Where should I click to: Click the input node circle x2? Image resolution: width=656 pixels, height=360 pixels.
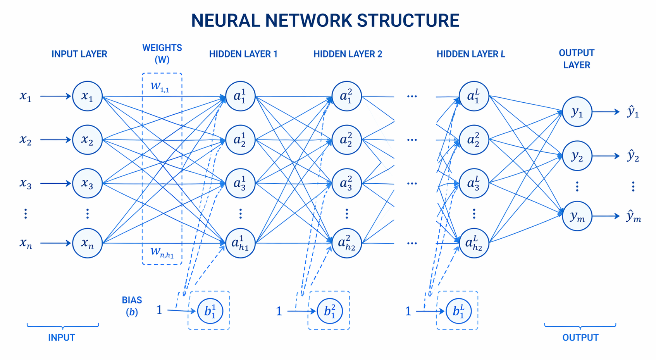[x=87, y=140]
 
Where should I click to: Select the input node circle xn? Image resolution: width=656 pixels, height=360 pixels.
[x=87, y=243]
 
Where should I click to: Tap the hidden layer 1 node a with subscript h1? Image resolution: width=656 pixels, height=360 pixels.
[x=240, y=243]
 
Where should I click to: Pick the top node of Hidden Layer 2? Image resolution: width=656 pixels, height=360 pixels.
[x=346, y=96]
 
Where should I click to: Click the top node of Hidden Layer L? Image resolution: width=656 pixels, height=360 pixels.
[x=473, y=96]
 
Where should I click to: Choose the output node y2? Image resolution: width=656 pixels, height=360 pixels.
[x=577, y=156]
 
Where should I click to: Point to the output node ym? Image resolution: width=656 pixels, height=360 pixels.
[x=577, y=216]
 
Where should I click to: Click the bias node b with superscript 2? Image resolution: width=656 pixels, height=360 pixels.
[x=330, y=311]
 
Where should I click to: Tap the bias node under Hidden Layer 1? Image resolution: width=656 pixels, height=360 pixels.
[x=210, y=311]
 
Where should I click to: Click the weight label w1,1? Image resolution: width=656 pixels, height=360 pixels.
[x=160, y=86]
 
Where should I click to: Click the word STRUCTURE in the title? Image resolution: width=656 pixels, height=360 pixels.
[x=408, y=20]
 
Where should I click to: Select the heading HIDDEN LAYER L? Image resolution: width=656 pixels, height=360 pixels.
[x=471, y=54]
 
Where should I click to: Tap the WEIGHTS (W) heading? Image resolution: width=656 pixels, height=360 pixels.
[x=162, y=53]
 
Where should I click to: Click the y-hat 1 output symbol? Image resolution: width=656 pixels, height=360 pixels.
[x=633, y=112]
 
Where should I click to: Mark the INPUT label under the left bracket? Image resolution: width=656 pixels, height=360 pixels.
[x=61, y=338]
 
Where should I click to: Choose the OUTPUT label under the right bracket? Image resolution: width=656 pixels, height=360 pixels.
[x=580, y=338]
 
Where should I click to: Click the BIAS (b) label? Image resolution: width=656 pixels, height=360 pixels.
[x=132, y=306]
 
